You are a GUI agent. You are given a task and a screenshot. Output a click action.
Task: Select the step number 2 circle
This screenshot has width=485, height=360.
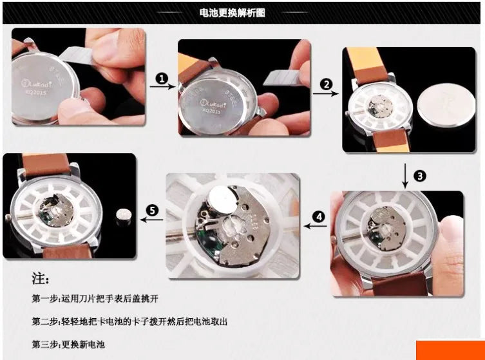pos(327,84)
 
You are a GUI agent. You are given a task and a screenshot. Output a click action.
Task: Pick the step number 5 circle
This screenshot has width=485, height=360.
pos(152,210)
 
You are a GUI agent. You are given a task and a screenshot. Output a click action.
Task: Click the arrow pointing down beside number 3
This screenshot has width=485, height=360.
pos(404,175)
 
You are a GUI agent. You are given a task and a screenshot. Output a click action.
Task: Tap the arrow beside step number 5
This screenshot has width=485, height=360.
pos(151,221)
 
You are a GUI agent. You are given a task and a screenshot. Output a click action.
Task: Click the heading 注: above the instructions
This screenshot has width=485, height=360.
pos(40,279)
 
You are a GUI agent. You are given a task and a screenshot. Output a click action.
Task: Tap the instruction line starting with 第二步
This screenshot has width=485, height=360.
pos(129,321)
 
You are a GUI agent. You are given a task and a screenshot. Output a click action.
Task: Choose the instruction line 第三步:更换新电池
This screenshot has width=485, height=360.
pos(68,344)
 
